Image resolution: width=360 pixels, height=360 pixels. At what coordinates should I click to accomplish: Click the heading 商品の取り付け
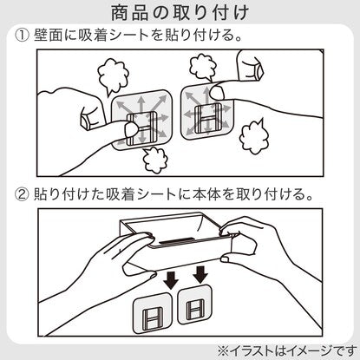click(180, 13)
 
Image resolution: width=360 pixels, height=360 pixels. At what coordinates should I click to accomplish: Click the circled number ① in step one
click(22, 36)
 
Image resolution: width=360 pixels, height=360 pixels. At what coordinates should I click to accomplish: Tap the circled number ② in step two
click(22, 194)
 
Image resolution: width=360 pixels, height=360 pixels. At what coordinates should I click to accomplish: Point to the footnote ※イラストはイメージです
click(287, 350)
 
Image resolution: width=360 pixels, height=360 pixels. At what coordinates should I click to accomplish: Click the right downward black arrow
click(200, 274)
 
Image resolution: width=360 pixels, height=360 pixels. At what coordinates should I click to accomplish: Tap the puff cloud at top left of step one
click(113, 75)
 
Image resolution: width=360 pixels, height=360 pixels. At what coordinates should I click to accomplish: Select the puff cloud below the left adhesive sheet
click(155, 160)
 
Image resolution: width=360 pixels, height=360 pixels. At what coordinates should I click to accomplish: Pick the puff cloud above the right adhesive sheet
click(203, 68)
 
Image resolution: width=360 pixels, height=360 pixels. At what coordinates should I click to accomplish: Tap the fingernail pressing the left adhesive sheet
click(131, 129)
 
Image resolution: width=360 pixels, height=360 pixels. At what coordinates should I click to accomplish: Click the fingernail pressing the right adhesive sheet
click(217, 93)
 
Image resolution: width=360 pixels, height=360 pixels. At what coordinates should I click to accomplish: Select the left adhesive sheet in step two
click(152, 312)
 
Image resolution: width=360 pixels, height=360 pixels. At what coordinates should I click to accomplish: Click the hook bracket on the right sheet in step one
click(206, 119)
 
